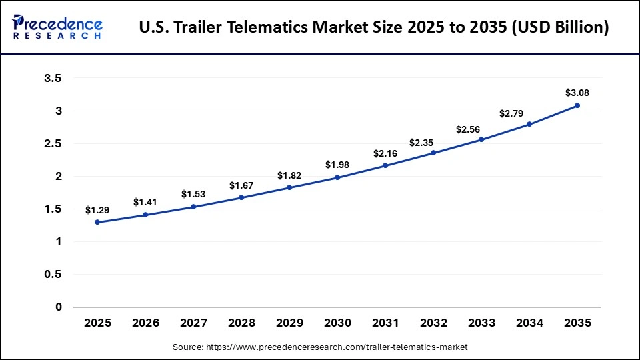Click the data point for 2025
(97, 222)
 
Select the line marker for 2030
(337, 177)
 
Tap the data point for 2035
(577, 105)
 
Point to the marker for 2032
(433, 153)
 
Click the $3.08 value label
(577, 93)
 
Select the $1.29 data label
(97, 210)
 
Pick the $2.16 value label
(385, 153)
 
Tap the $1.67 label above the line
(241, 185)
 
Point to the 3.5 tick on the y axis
(53, 78)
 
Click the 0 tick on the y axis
(58, 307)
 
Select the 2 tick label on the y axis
(58, 177)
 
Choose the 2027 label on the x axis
(193, 323)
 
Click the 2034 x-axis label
(529, 323)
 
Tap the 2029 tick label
(289, 323)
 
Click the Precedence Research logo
(57, 27)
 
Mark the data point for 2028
(241, 197)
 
